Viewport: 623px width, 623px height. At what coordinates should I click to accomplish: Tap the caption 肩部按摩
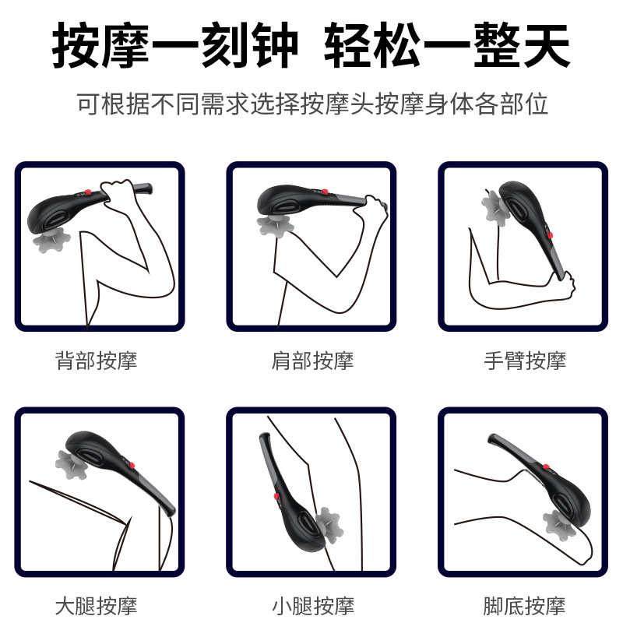(x=311, y=361)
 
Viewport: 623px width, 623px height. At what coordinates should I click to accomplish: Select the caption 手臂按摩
(x=525, y=361)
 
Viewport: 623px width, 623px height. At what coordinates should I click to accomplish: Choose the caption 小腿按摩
(x=311, y=605)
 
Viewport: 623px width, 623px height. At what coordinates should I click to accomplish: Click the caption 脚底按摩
(x=525, y=605)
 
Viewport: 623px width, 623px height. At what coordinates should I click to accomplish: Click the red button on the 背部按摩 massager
(x=90, y=192)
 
